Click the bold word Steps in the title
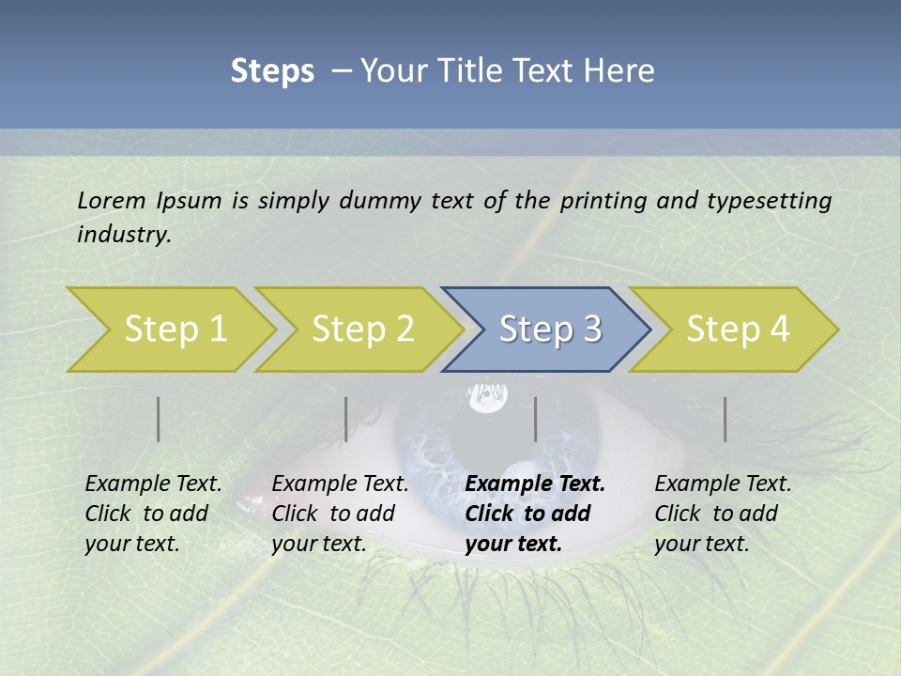(272, 71)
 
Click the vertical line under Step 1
(159, 419)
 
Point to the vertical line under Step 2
(346, 419)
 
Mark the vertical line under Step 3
(535, 419)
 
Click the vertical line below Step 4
(725, 419)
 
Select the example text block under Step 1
(153, 514)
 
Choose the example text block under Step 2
(340, 514)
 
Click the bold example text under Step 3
(535, 514)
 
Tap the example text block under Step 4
(723, 514)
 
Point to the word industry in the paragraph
(124, 235)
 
